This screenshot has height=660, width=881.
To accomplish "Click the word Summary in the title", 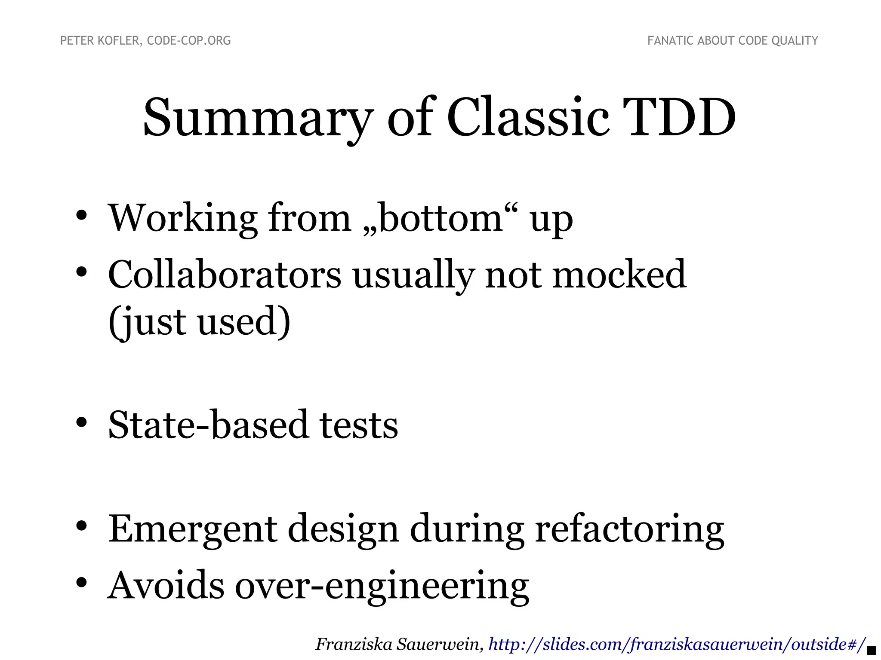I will (x=257, y=118).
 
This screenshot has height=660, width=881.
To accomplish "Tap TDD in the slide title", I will (x=682, y=118).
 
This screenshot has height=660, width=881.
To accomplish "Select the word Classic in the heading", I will (x=528, y=118).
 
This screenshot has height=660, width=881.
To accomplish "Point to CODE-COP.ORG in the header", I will (x=189, y=41).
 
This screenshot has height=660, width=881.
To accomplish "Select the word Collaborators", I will (x=224, y=275).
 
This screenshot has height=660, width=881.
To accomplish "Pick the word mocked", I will (x=619, y=275).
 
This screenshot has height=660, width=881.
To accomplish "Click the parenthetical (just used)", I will (x=199, y=322).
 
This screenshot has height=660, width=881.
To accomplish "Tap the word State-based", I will (x=208, y=425).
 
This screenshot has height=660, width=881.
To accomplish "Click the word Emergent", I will (x=193, y=529).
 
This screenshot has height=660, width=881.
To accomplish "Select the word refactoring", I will (x=629, y=529).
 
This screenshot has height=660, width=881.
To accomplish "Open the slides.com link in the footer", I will (x=677, y=644).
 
